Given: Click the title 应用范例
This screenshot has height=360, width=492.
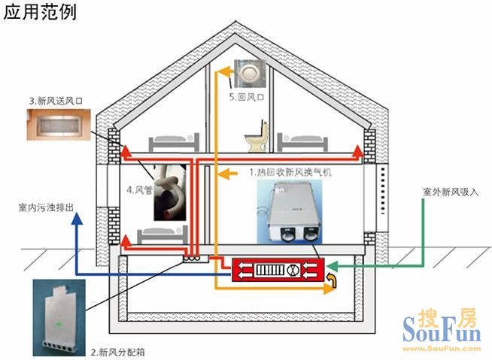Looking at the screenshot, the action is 40,12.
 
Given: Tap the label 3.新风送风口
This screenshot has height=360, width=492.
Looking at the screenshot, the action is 56,101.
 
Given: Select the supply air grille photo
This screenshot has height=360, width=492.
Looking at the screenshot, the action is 59,125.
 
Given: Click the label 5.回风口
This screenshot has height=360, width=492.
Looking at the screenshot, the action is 247,97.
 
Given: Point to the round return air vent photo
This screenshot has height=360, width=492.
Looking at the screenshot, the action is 250,74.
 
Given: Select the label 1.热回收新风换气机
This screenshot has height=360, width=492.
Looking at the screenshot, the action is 290,172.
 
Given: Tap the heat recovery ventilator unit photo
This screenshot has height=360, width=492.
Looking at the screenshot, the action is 290,212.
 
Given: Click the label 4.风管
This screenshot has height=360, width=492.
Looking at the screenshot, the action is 139,189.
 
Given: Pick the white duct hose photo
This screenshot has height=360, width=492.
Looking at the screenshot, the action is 170,192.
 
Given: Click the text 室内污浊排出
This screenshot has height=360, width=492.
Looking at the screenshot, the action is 46,207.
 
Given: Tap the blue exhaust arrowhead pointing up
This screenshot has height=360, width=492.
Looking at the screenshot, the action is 77,218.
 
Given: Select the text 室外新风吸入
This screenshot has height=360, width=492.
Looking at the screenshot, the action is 451,192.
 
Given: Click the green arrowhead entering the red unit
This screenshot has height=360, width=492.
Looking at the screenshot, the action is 332,266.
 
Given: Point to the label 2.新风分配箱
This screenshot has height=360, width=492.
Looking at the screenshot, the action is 118,352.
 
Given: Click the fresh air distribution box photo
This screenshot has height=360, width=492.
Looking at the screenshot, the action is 59,317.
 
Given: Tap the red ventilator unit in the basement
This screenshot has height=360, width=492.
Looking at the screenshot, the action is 278,270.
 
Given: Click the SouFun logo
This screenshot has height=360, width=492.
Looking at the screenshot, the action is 442,330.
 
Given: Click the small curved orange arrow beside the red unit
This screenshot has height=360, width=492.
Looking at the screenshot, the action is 332,280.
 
